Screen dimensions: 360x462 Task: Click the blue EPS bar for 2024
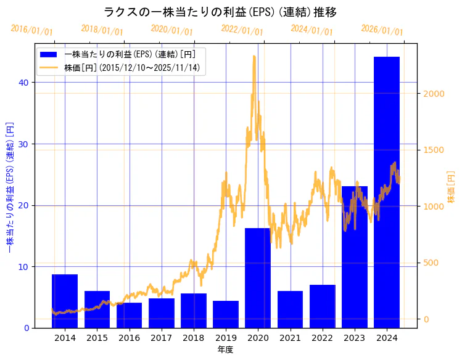386,192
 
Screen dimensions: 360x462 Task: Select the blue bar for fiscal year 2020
258,277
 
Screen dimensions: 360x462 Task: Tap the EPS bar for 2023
354,256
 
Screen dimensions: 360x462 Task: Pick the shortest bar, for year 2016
129,315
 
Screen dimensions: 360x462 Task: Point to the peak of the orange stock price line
254,57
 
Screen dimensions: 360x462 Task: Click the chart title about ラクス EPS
220,12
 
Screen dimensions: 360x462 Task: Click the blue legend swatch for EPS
49,54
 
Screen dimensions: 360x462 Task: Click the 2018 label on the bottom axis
193,338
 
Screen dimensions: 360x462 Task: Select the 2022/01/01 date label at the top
242,30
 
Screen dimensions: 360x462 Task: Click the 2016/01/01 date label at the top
32,30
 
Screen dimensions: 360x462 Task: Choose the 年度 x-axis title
225,350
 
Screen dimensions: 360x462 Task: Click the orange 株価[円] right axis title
451,188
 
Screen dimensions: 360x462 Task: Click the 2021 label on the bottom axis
290,338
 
